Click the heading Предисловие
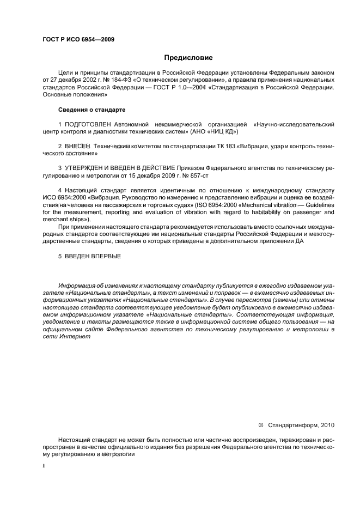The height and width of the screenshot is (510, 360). tap(188, 57)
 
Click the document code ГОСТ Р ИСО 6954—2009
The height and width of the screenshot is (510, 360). tap(78, 40)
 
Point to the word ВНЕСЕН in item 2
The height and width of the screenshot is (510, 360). tap(78, 147)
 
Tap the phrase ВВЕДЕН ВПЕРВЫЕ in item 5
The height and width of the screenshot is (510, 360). tap(92, 256)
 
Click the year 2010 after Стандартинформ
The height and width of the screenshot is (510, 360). tap(329, 424)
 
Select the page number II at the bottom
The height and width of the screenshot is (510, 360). tap(44, 466)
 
